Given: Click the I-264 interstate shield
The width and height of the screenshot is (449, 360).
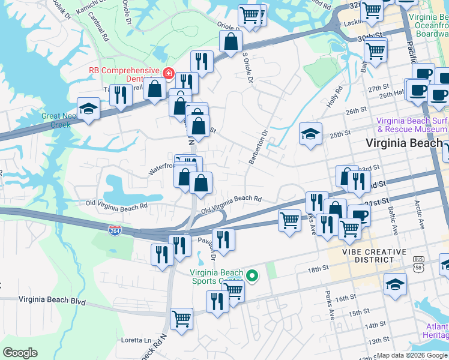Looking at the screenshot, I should [114, 230].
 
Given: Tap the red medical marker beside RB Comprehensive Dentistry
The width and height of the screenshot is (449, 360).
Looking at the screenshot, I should [170, 74].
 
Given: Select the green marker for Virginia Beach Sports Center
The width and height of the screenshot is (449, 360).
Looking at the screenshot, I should [252, 276].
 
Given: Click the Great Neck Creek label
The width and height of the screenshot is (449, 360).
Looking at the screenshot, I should [56, 121].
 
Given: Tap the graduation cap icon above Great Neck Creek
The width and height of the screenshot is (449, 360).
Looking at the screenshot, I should [89, 109].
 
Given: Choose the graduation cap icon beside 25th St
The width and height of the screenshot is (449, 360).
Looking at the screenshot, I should [311, 134].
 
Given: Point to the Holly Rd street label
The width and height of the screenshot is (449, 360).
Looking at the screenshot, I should [334, 97].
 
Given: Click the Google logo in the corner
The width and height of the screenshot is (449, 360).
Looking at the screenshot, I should [20, 353].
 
